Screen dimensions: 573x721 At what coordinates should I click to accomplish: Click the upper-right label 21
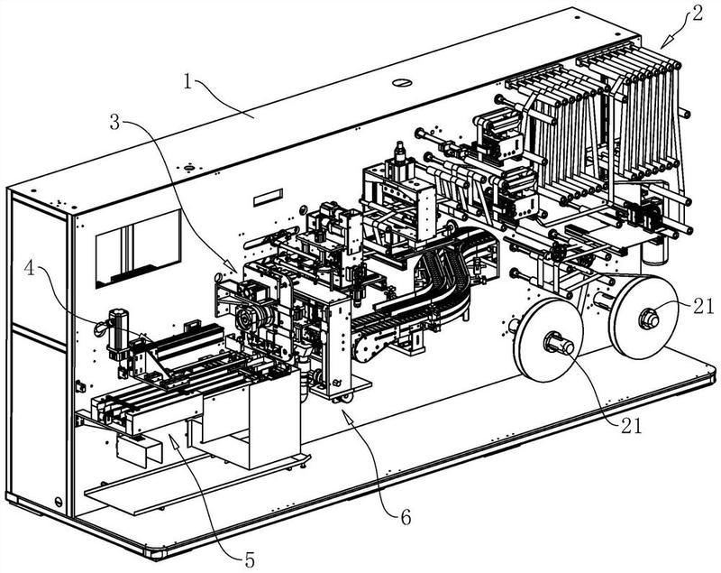pyautogui.click(x=705, y=307)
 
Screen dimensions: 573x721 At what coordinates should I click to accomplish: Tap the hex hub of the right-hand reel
pyautogui.click(x=648, y=318)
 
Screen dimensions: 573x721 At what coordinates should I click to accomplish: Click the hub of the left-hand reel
pyautogui.click(x=552, y=344)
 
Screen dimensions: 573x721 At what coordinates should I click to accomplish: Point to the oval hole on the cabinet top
pyautogui.click(x=402, y=83)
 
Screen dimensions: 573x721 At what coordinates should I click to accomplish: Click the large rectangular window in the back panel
pyautogui.click(x=138, y=245)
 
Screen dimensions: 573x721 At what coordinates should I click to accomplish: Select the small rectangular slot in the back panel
pyautogui.click(x=265, y=197)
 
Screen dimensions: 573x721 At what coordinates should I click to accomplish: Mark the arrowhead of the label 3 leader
pyautogui.click(x=235, y=270)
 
